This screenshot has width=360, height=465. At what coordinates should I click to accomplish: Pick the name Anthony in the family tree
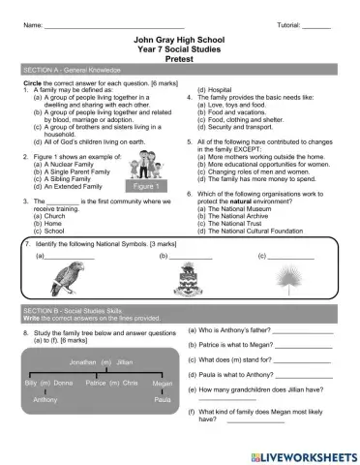click(45, 399)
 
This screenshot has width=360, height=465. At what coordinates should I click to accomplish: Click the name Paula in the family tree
click(162, 399)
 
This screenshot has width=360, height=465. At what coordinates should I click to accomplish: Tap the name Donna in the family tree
click(63, 384)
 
